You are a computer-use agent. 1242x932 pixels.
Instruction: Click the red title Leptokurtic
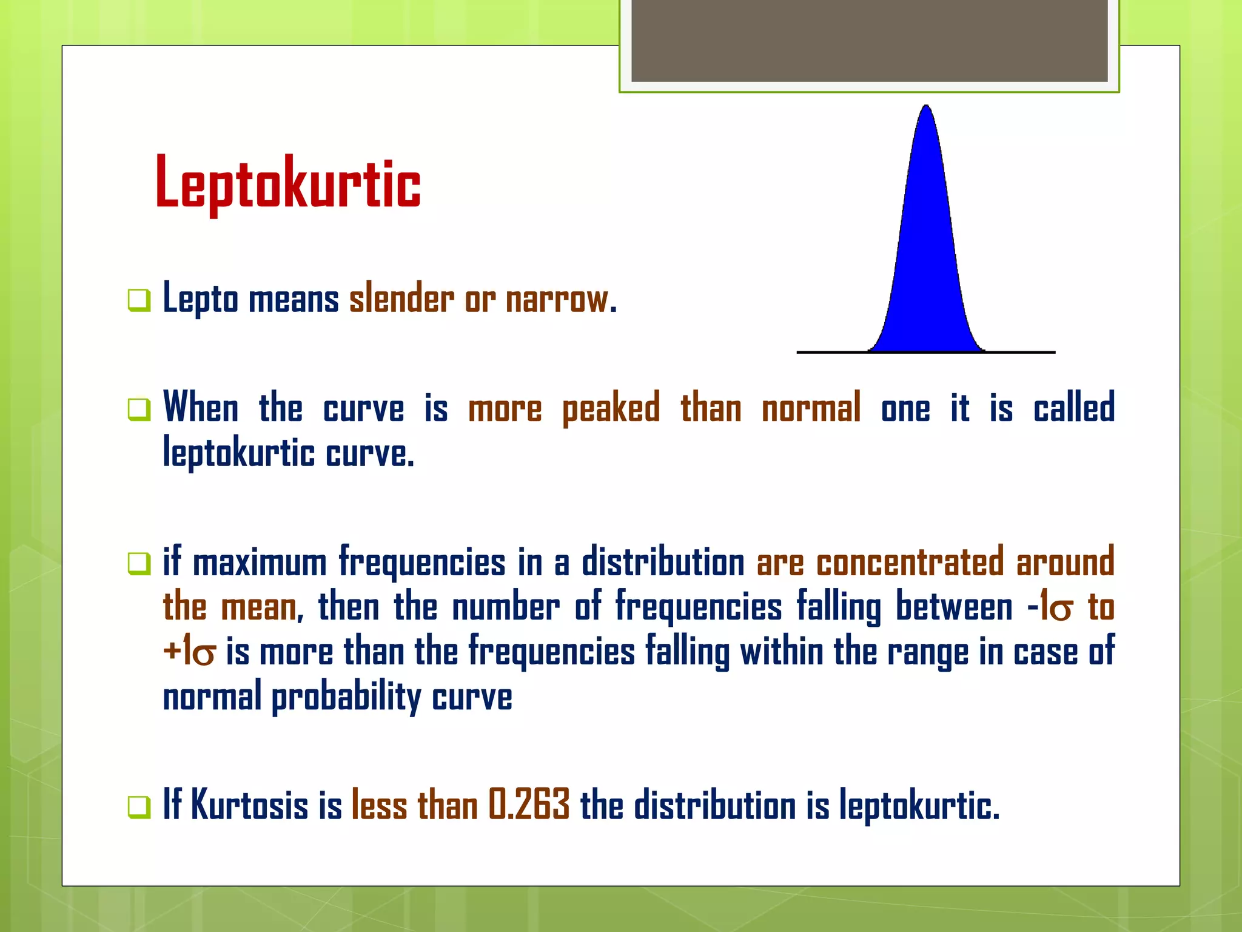(287, 184)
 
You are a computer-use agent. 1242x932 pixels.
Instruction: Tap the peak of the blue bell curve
(926, 109)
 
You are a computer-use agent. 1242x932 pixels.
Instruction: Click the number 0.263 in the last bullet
(529, 805)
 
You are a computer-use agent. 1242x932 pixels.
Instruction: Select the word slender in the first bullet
(401, 299)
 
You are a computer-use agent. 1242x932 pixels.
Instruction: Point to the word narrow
(557, 299)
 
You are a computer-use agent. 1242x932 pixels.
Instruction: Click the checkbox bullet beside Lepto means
(139, 300)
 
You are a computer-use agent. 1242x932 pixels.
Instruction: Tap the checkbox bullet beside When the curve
(139, 409)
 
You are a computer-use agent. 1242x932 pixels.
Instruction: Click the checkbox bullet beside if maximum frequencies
(139, 563)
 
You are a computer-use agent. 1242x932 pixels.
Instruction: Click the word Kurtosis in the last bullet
(250, 805)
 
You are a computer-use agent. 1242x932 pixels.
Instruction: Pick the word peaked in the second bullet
(611, 408)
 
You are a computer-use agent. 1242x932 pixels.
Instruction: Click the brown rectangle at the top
(869, 41)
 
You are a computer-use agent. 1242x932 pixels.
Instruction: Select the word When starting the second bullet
(201, 407)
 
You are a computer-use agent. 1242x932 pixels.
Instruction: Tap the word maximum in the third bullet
(260, 562)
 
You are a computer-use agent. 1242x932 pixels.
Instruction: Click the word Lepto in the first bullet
(201, 299)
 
